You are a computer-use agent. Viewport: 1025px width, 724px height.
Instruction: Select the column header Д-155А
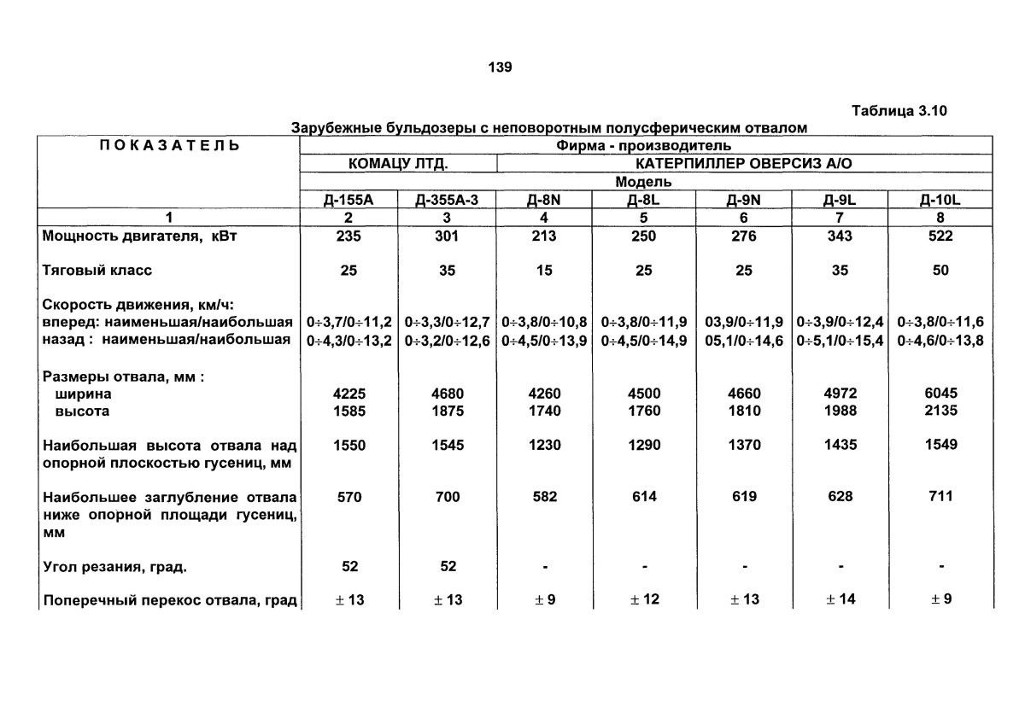click(x=349, y=201)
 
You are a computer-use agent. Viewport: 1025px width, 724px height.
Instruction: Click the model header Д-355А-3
click(x=448, y=201)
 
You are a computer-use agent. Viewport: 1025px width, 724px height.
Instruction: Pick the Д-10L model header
click(x=940, y=201)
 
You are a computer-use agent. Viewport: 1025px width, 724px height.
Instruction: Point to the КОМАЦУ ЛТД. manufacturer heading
click(x=398, y=163)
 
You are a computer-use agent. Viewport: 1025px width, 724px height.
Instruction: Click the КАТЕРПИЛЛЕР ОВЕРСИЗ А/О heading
click(x=743, y=163)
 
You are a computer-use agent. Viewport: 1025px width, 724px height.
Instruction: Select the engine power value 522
click(x=940, y=236)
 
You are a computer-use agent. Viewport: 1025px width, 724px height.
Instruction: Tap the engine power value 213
click(x=545, y=236)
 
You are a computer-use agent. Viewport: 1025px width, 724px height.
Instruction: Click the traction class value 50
click(x=940, y=271)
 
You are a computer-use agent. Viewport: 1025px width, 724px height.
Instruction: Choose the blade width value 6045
click(x=940, y=394)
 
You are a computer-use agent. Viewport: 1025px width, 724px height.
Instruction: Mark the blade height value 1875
click(x=448, y=411)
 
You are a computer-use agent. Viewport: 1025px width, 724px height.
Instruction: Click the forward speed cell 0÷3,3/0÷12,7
click(x=448, y=323)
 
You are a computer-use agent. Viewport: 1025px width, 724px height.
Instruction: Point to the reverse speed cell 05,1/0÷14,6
click(x=742, y=341)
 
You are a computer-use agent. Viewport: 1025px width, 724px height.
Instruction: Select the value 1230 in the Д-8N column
click(x=545, y=445)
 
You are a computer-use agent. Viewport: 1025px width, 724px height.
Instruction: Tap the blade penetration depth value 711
click(x=940, y=496)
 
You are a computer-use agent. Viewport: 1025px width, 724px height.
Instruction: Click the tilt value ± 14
click(x=841, y=599)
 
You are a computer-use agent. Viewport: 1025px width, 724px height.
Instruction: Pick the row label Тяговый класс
click(x=97, y=271)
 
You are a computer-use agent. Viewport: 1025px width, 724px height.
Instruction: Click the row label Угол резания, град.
click(x=114, y=566)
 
